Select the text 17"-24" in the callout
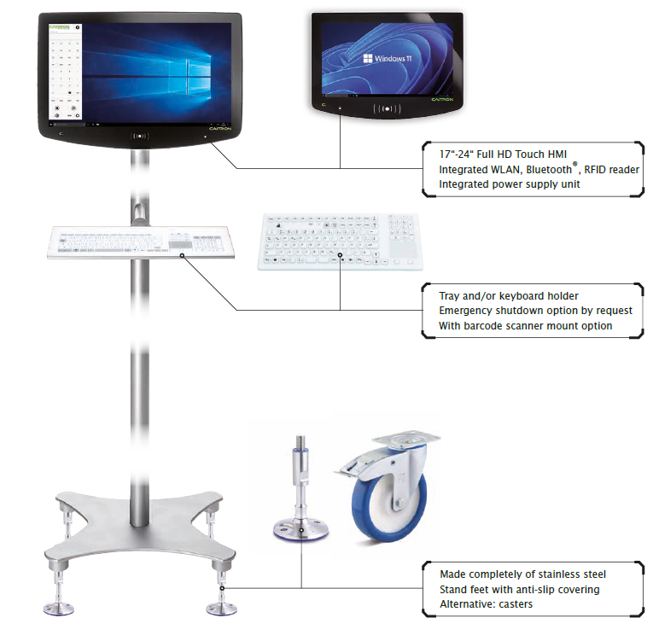click(459, 154)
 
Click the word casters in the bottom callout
click(515, 604)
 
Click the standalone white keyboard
click(339, 242)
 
